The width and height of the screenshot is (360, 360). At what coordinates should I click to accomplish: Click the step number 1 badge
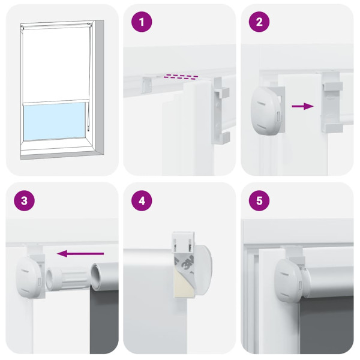click(x=142, y=23)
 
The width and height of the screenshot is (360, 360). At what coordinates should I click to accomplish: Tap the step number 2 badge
click(x=259, y=23)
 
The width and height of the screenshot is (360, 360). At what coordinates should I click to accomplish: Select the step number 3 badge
click(x=24, y=200)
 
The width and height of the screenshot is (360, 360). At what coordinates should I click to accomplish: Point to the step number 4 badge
click(x=142, y=200)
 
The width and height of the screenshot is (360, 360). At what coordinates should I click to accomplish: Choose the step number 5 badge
click(x=259, y=200)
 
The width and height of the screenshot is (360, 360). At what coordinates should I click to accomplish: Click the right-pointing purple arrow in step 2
click(x=303, y=106)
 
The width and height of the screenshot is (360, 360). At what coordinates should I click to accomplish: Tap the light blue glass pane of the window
click(x=55, y=121)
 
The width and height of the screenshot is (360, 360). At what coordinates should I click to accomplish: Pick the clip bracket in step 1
click(x=221, y=114)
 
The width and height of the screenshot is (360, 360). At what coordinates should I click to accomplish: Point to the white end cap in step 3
click(x=29, y=277)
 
